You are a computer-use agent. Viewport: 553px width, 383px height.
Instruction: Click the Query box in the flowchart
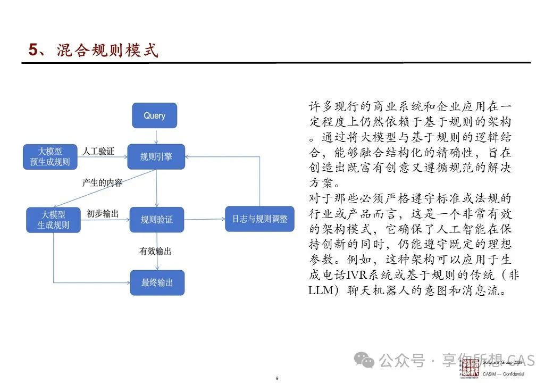(154, 115)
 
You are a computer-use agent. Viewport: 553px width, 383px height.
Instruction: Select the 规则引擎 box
(156, 156)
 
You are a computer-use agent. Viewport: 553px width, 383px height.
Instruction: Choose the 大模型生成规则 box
(53, 219)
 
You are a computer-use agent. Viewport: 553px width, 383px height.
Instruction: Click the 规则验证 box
(156, 219)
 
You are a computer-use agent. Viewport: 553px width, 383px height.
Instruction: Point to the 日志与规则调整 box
(259, 219)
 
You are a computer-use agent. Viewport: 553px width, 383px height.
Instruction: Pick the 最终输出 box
(157, 282)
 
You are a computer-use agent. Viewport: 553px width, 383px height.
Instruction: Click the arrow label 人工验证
(98, 151)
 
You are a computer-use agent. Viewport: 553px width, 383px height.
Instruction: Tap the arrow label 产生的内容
(102, 183)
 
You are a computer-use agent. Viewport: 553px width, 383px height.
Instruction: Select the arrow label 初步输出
(103, 214)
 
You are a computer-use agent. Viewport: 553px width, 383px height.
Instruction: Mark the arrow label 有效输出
(155, 251)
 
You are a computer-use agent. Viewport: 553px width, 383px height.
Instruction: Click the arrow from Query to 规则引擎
(155, 136)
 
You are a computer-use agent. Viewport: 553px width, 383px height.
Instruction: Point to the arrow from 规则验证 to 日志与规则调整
(204, 219)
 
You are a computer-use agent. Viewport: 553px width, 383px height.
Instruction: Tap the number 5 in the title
(33, 51)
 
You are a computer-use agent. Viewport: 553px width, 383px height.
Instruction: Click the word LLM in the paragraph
(321, 291)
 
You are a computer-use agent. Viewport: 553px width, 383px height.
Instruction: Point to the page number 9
(277, 378)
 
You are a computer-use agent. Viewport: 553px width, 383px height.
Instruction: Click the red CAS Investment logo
(470, 367)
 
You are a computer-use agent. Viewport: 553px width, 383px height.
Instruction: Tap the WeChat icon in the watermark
(366, 361)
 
